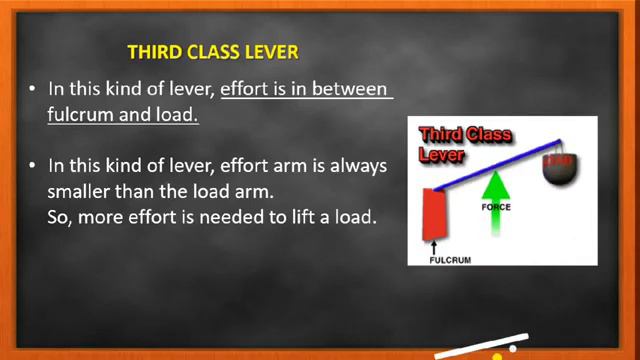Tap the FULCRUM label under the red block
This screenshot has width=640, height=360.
pyautogui.click(x=450, y=259)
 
